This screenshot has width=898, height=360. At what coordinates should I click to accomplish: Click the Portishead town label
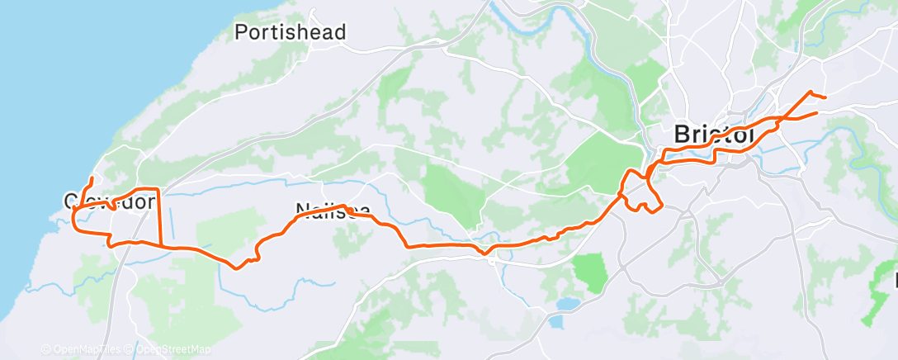(290, 32)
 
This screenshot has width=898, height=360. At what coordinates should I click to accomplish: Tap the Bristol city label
(715, 134)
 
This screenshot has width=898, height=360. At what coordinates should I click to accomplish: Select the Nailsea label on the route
(328, 211)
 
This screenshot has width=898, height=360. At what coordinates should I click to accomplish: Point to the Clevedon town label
(110, 201)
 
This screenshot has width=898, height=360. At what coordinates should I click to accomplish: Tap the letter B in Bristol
(683, 134)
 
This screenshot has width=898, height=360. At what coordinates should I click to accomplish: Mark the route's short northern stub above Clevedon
(90, 182)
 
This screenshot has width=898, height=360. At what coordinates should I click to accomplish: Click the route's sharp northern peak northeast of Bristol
(811, 92)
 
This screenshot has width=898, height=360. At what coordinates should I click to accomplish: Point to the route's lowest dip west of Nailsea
(238, 266)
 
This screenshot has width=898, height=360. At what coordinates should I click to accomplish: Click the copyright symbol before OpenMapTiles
(45, 349)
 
